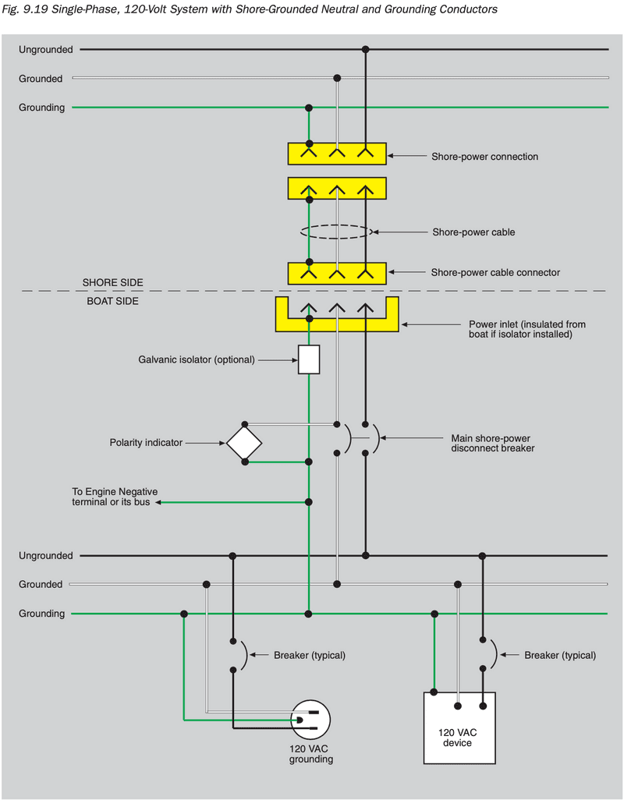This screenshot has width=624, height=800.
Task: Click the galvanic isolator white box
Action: [309, 359]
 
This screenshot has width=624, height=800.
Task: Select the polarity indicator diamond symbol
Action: [244, 443]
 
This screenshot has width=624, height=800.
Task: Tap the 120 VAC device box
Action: [459, 727]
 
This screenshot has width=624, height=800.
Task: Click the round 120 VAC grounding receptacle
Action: [310, 719]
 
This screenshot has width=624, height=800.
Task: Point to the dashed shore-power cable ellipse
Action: [336, 232]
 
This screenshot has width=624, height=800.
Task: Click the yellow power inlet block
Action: [336, 322]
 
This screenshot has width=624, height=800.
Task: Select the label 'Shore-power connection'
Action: [484, 157]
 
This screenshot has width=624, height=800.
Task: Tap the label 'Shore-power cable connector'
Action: [495, 273]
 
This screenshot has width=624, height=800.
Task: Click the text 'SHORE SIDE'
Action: [113, 282]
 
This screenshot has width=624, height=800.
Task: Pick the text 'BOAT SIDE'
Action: [112, 300]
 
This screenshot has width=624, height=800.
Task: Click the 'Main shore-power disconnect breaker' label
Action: [493, 443]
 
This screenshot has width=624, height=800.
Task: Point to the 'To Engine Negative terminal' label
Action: [115, 497]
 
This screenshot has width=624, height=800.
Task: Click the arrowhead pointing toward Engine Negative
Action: [158, 502]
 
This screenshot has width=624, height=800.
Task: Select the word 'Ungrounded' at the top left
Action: [46, 50]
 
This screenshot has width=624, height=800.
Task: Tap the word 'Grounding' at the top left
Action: [42, 108]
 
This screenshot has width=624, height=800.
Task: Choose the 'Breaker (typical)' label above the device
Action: [560, 656]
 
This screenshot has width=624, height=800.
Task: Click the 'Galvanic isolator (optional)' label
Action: [196, 359]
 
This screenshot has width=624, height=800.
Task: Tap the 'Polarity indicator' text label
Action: [146, 443]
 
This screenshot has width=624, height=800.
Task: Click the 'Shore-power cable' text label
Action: [473, 232]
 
